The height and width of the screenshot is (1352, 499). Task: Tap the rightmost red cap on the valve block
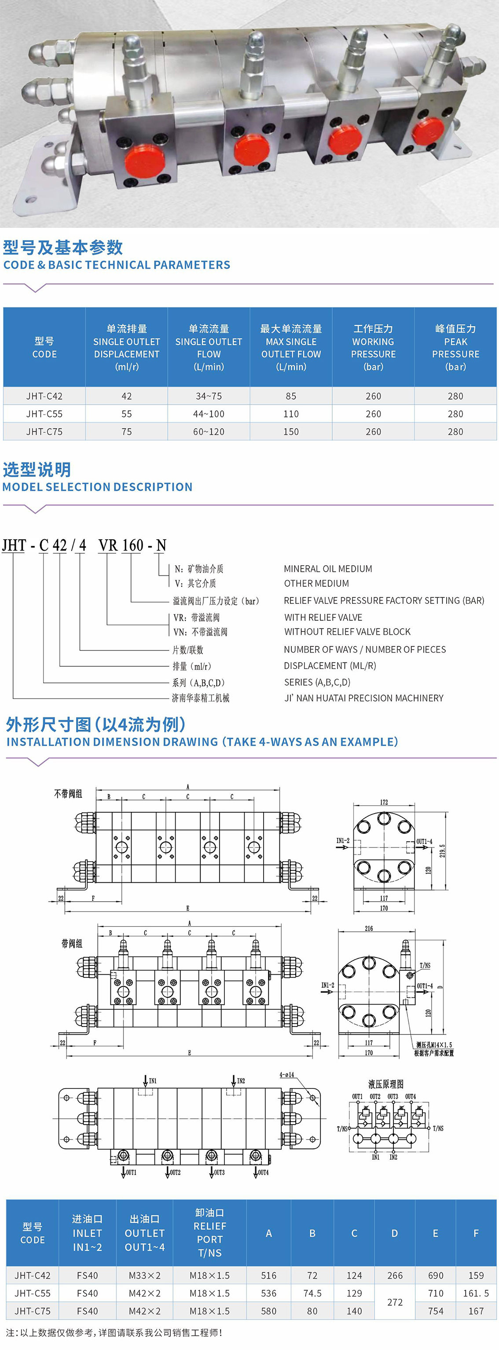(428, 131)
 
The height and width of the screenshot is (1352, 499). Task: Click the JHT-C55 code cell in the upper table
(44, 413)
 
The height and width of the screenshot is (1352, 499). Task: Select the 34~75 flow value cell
(209, 396)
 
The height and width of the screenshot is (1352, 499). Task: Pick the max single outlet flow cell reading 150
(291, 431)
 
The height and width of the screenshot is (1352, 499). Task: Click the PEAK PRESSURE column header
(455, 347)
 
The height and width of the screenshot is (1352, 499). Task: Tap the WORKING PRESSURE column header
(373, 347)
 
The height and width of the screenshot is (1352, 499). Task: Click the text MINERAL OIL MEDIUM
(328, 568)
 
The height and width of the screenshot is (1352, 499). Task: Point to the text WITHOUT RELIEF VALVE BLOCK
(347, 632)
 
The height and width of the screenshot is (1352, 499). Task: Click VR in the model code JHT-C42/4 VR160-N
(108, 545)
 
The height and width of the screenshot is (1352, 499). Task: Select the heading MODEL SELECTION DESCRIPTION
(98, 486)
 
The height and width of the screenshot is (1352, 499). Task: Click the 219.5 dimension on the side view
(442, 850)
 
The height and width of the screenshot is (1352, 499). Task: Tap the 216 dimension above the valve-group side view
(369, 928)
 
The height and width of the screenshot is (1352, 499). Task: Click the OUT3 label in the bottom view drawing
(219, 1172)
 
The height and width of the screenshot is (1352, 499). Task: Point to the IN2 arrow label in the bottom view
(241, 1081)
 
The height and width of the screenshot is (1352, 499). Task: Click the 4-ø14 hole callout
(287, 1075)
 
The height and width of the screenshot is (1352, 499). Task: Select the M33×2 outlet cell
(144, 1275)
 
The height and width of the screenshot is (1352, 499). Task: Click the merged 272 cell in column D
(394, 1301)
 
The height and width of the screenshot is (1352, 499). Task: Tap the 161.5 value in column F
(476, 1293)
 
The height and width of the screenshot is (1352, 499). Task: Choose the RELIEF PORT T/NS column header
(209, 1232)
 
